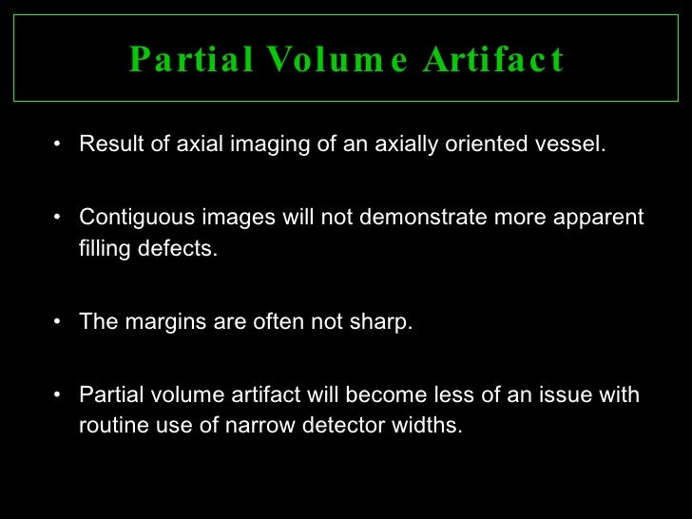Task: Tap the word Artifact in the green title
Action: tap(493, 60)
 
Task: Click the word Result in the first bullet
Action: tap(107, 145)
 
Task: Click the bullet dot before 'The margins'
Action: tap(60, 322)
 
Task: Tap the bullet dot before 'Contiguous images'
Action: tap(60, 218)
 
